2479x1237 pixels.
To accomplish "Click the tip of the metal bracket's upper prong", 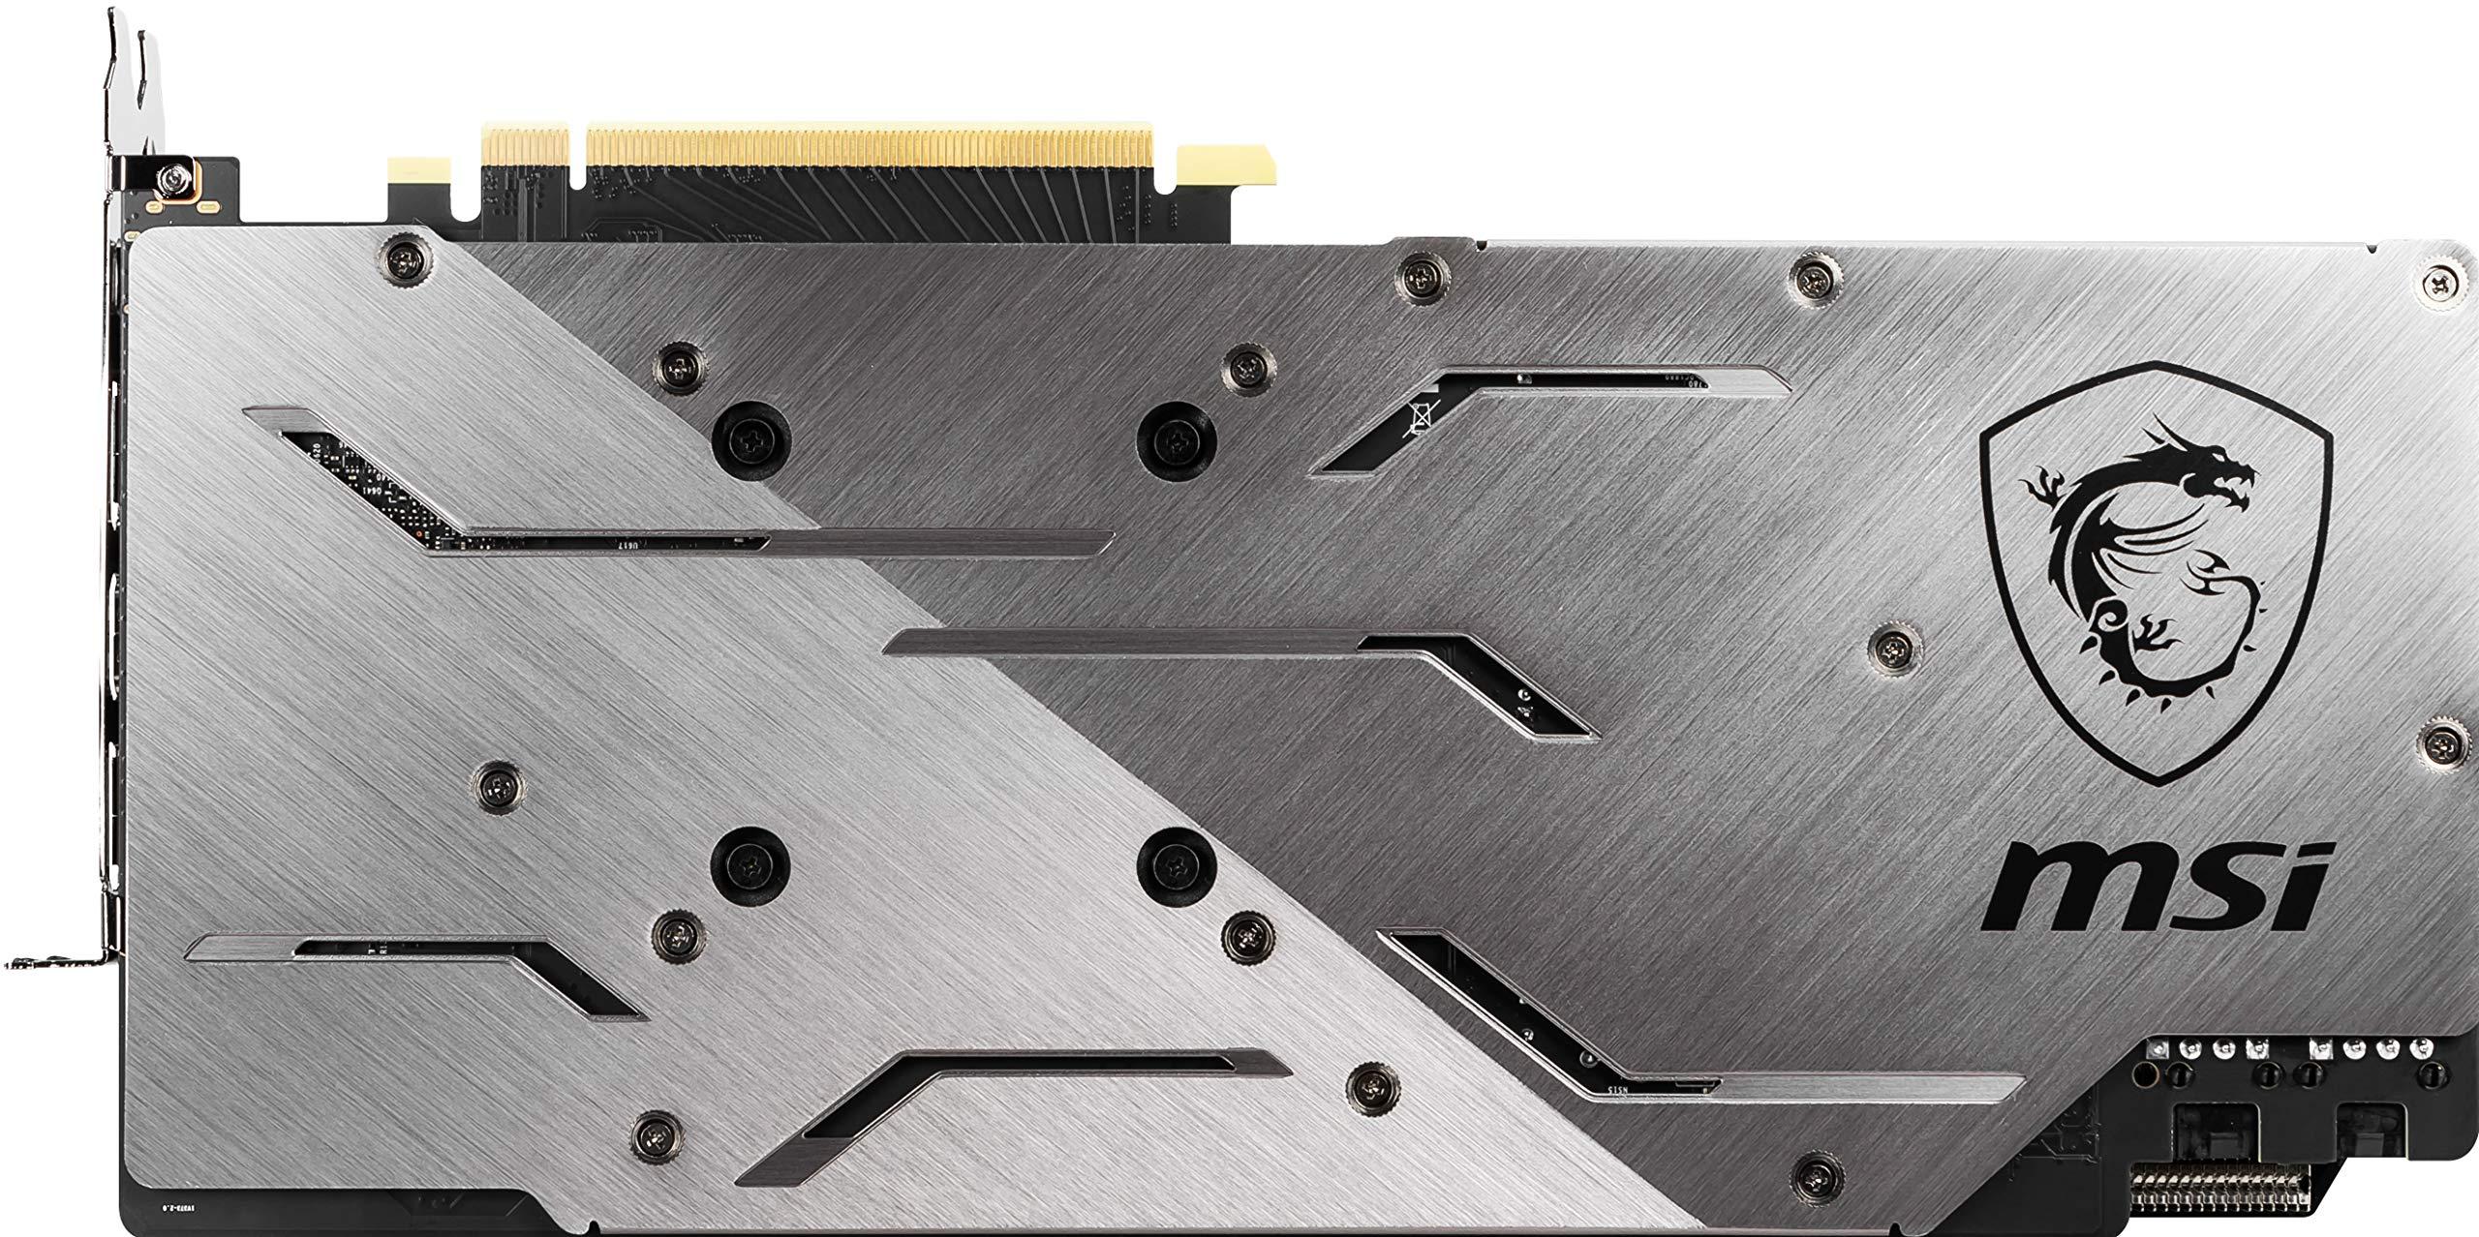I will point(147,39).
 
